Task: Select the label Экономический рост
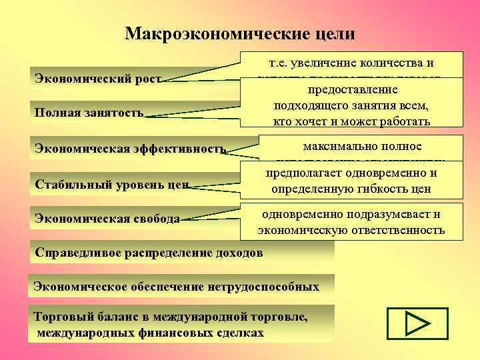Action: [x=97, y=78]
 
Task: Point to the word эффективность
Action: [x=181, y=148]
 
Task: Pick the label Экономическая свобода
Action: [x=107, y=218]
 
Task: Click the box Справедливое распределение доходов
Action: [x=149, y=253]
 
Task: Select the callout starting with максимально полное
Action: [x=353, y=149]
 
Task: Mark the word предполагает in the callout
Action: [x=295, y=174]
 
